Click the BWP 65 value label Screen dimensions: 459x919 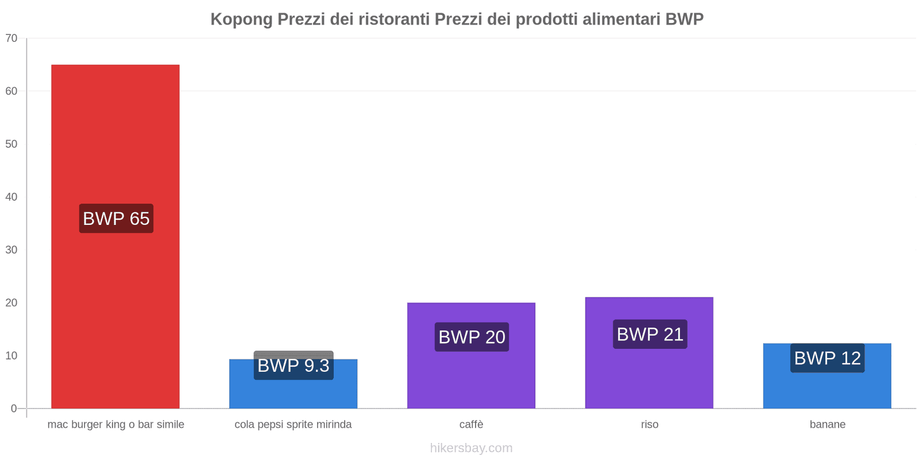(116, 219)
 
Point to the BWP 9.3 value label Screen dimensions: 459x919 (293, 365)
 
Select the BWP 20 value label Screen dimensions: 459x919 (472, 337)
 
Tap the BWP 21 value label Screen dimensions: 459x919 (650, 334)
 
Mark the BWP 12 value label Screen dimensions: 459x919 (827, 358)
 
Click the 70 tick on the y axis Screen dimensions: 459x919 (11, 38)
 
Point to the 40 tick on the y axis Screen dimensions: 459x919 (11, 197)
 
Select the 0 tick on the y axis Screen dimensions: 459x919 (14, 409)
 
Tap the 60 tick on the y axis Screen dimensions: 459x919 (11, 91)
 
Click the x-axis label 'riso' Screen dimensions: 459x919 (650, 425)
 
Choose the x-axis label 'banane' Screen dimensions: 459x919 (827, 425)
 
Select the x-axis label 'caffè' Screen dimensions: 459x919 (471, 425)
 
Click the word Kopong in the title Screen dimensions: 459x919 (241, 20)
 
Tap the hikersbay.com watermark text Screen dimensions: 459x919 (471, 448)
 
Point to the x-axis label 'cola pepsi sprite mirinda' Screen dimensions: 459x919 (293, 425)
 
